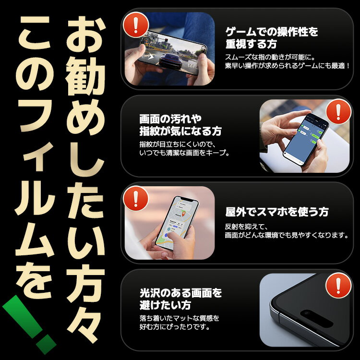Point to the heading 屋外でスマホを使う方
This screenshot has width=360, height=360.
(x=276, y=211)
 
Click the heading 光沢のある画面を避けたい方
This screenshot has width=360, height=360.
(x=180, y=299)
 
